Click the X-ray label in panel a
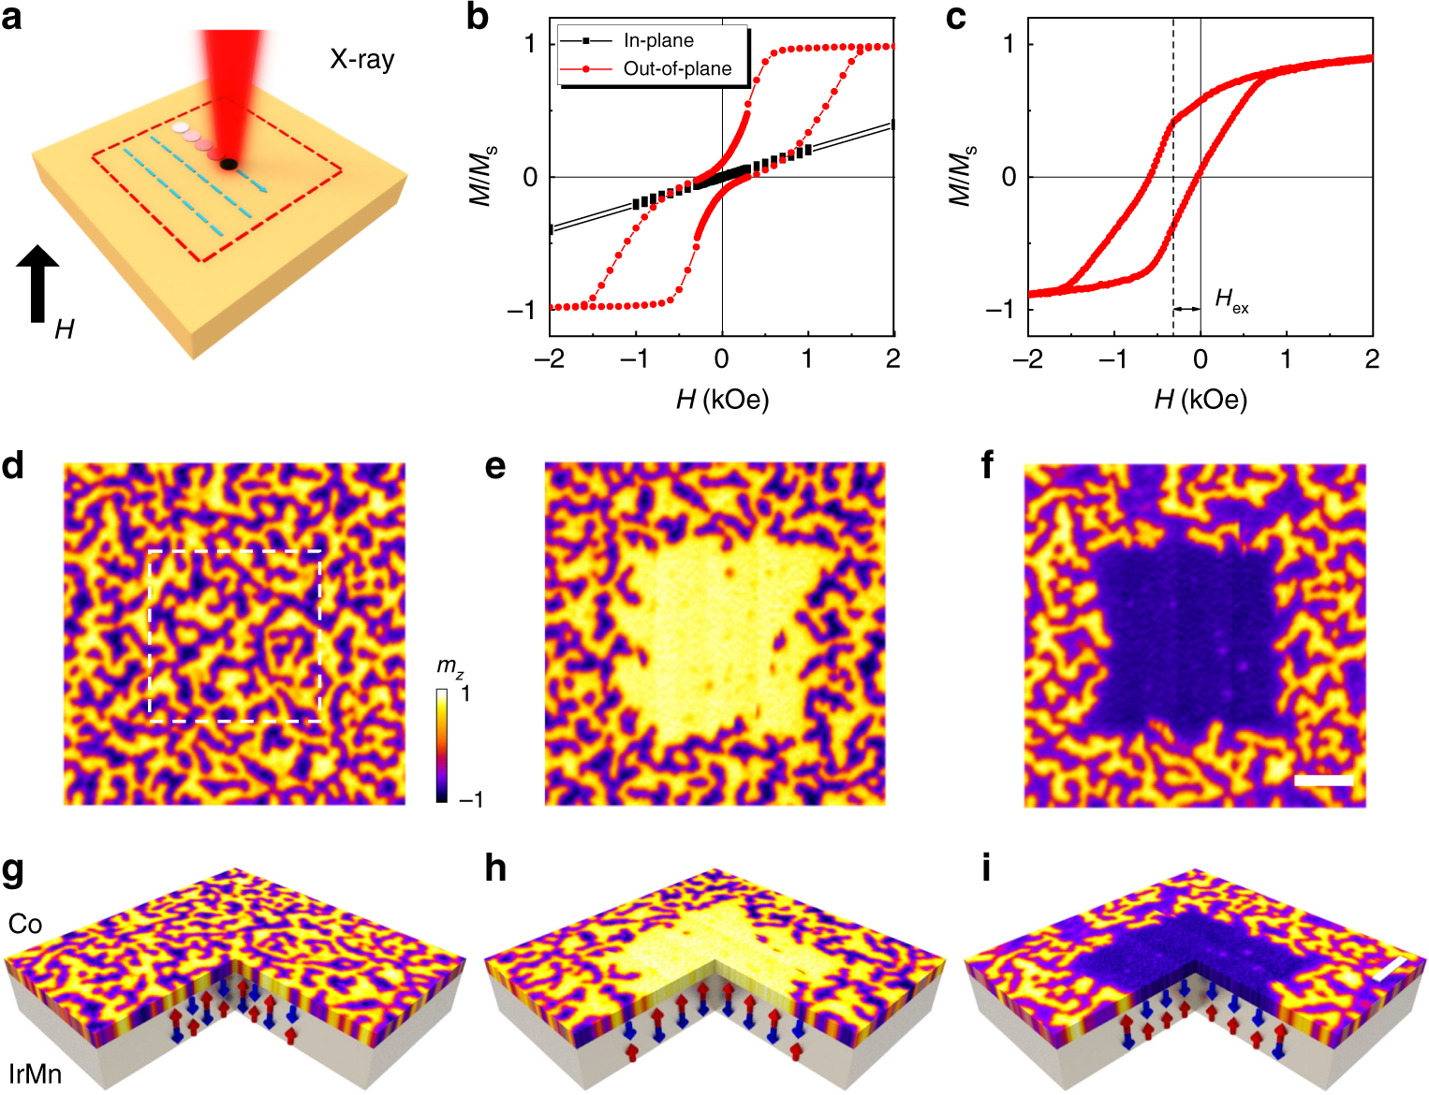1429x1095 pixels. click(x=361, y=60)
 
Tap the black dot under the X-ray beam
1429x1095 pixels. click(x=228, y=165)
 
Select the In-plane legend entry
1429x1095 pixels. click(x=658, y=40)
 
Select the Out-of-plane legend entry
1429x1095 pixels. click(x=677, y=69)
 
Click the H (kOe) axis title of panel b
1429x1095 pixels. click(x=722, y=400)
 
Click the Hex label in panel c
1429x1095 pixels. click(x=1230, y=301)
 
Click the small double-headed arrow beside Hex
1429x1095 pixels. click(x=1187, y=309)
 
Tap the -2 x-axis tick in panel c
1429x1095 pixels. click(x=1027, y=359)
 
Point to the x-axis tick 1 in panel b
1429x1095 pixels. click(x=807, y=359)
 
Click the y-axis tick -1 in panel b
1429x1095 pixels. click(x=521, y=310)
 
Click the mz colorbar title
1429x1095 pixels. click(x=449, y=667)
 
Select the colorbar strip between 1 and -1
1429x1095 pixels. click(x=442, y=745)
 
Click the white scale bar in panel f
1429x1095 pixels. click(x=1323, y=780)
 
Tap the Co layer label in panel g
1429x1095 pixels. click(x=25, y=924)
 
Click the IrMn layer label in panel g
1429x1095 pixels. click(x=36, y=1073)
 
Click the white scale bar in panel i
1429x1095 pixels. click(x=1391, y=970)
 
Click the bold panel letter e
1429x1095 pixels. click(x=495, y=465)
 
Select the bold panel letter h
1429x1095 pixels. click(x=495, y=869)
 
